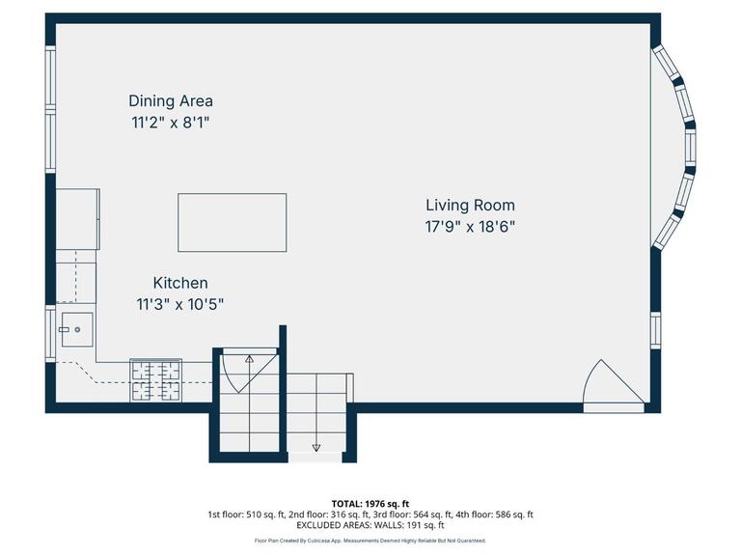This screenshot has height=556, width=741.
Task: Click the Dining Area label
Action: coord(171,100)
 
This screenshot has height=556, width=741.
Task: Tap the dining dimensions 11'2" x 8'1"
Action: coord(171,123)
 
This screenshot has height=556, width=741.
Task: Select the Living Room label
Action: coord(470,205)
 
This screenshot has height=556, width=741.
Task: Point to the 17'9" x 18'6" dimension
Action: coord(471,227)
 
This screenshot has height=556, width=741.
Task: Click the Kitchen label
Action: coord(180,283)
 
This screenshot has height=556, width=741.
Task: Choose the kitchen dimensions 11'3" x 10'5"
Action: coord(180,304)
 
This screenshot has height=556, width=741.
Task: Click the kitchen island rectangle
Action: coord(232,222)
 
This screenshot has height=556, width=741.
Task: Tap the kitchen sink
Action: coord(76,329)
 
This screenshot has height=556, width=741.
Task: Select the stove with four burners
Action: coord(155,379)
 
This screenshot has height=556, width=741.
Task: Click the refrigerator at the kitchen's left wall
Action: coord(77,219)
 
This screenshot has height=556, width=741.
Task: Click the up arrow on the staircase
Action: coord(249,359)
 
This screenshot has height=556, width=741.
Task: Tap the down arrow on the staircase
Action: coord(316,445)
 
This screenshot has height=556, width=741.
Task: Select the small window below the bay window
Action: coord(655,328)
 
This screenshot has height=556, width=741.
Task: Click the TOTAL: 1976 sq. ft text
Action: coord(370,503)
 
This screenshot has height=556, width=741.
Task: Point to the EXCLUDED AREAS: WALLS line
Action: coord(370,525)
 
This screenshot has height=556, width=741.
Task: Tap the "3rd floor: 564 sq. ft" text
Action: coord(426,514)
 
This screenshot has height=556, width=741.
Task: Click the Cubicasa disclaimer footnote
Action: coord(370,541)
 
